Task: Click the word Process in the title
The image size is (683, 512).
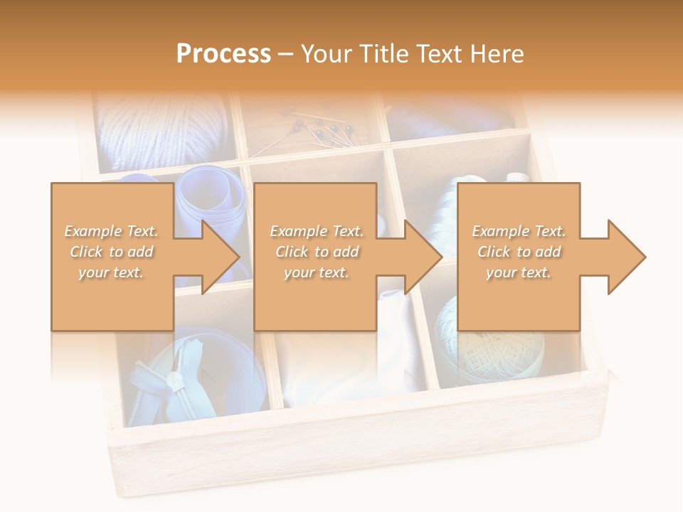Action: click(x=223, y=54)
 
